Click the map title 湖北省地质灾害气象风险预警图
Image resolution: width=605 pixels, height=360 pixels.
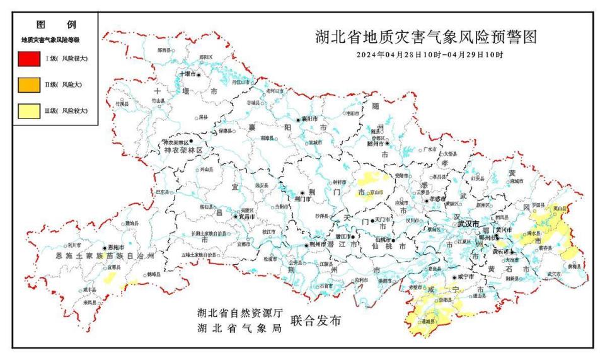click(x=426, y=37)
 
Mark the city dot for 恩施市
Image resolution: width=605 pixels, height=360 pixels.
click(x=105, y=248)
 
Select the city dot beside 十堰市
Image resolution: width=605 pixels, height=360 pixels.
click(x=199, y=75)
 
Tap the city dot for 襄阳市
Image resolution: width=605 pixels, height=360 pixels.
click(x=298, y=119)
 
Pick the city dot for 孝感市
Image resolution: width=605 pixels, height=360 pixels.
click(x=427, y=200)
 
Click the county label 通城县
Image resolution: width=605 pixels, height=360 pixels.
click(x=429, y=322)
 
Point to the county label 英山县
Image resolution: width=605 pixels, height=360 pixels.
click(x=558, y=208)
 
